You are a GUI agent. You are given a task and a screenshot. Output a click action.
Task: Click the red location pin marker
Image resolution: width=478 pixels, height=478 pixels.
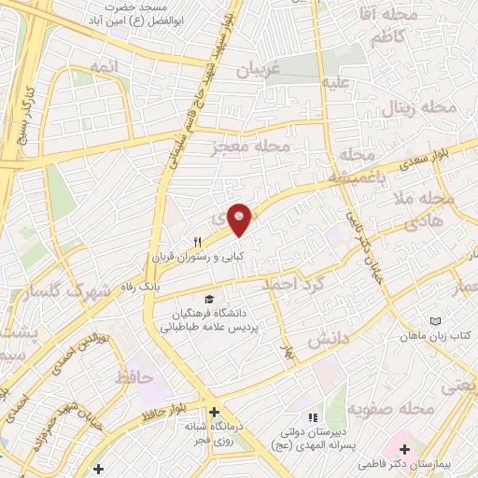(x=240, y=219)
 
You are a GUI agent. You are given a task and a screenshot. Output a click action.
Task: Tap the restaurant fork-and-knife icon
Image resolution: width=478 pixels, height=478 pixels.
(x=197, y=241)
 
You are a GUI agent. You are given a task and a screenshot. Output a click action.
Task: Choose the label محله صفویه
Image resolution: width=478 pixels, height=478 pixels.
(x=392, y=410)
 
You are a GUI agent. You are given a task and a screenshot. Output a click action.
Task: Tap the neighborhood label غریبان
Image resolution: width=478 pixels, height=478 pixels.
(x=257, y=70)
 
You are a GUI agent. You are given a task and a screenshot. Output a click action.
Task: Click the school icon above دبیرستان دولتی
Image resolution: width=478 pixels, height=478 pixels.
(x=315, y=417)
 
